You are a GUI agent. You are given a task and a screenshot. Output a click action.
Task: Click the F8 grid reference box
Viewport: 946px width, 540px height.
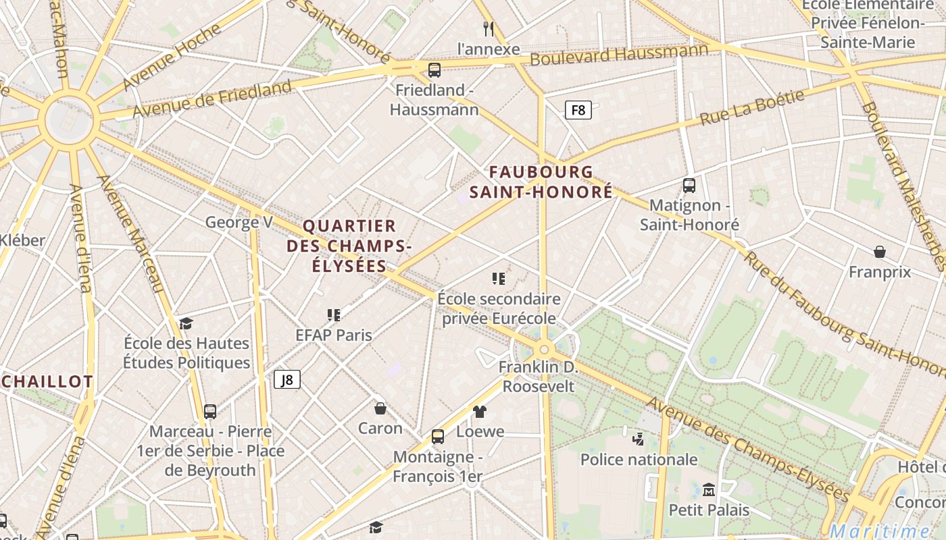[x=578, y=109]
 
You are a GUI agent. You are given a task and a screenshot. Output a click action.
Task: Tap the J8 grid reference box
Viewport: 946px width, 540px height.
[x=287, y=379]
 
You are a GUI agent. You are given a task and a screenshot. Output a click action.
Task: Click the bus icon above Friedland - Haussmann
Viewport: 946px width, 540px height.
[x=434, y=70]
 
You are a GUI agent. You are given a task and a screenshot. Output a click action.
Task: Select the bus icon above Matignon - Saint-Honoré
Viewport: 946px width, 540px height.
[x=689, y=185]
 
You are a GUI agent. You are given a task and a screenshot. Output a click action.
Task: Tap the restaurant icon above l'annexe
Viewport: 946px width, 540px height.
[x=489, y=28]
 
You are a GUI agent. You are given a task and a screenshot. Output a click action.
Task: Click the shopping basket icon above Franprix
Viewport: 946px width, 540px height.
[x=880, y=252]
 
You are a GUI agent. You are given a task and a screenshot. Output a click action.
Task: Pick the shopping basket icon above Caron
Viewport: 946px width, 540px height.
[x=380, y=408]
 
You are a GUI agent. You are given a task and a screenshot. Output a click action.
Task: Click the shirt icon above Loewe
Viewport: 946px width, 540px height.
[x=480, y=411]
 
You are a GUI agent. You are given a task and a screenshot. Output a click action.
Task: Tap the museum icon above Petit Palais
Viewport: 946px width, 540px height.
[x=709, y=489]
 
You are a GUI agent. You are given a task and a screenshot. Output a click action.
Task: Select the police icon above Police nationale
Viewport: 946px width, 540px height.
[x=638, y=439]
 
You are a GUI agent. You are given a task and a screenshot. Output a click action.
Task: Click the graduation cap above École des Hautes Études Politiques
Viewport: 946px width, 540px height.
[x=186, y=323]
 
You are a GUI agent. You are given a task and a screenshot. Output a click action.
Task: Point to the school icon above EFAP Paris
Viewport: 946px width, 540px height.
[x=333, y=315]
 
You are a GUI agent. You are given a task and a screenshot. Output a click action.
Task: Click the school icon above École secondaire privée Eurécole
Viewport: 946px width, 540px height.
[x=499, y=278]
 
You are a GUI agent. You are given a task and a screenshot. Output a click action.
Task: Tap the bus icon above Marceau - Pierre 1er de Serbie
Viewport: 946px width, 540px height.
[x=210, y=411]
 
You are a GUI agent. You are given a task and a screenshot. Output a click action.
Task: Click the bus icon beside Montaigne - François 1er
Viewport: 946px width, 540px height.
[x=438, y=437]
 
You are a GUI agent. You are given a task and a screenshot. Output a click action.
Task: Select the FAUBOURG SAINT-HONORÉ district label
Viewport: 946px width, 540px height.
[x=541, y=182]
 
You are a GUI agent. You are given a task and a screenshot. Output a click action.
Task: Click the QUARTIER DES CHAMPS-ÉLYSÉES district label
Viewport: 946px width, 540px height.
[x=349, y=246]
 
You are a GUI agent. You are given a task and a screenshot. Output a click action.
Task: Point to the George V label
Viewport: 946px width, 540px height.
[x=239, y=222]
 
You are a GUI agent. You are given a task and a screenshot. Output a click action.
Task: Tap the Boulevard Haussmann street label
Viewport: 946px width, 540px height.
[x=618, y=54]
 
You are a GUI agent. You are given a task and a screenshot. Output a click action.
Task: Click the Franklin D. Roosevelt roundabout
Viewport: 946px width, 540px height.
[x=543, y=350]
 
